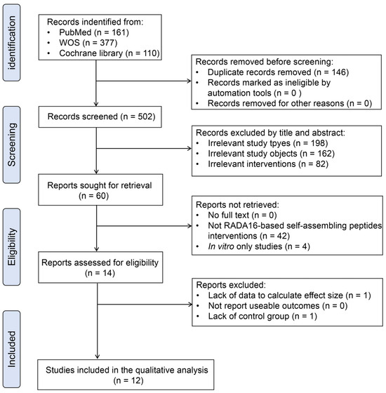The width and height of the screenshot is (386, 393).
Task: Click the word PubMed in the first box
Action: [75, 32]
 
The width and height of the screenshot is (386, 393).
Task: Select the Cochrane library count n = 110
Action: [142, 53]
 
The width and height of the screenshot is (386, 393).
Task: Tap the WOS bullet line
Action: [88, 43]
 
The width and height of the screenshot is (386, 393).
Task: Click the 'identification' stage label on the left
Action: [11, 43]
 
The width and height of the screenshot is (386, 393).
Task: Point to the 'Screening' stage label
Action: [11, 145]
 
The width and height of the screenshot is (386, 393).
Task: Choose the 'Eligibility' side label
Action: [11, 247]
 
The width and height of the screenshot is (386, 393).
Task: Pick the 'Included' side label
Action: [11, 349]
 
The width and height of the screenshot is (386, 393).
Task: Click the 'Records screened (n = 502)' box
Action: [100, 116]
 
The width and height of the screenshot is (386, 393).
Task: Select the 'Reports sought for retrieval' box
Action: [100, 189]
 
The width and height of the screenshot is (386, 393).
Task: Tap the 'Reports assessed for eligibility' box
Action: [100, 267]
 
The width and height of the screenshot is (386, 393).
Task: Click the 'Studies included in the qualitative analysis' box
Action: [126, 375]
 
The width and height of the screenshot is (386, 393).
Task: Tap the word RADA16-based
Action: [253, 225]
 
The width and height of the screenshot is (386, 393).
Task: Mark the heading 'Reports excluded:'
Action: [231, 285]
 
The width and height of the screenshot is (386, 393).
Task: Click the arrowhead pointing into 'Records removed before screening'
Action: [189, 81]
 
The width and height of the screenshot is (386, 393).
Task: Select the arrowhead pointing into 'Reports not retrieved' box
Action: [189, 226]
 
